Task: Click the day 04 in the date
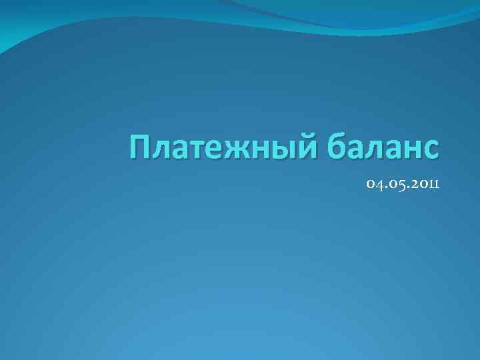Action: click(374, 183)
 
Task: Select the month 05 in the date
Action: click(393, 183)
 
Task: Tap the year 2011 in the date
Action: click(421, 183)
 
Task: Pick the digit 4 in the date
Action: click(378, 184)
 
